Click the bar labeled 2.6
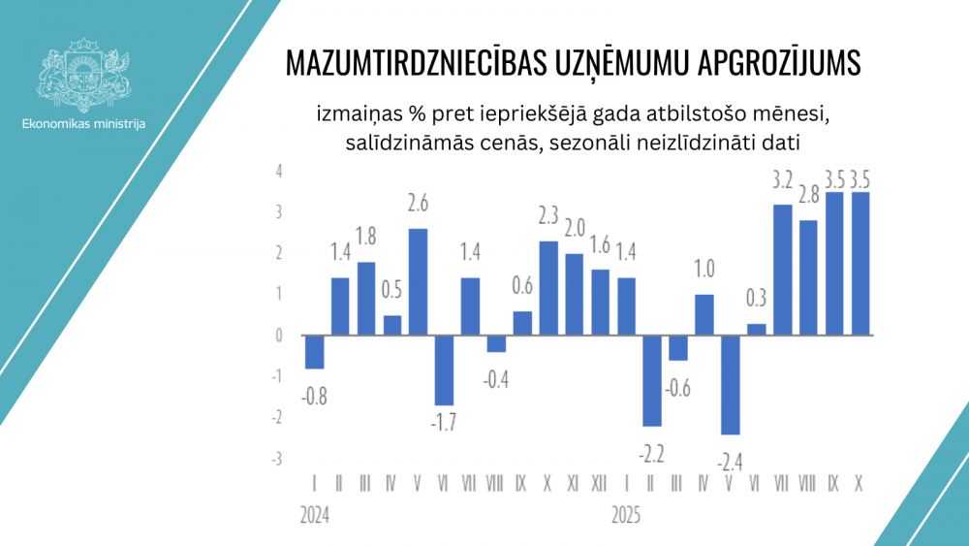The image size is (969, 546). pyautogui.click(x=418, y=281)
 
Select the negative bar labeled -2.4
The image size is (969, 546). pyautogui.click(x=731, y=384)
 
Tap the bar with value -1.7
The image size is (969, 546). pyautogui.click(x=444, y=369)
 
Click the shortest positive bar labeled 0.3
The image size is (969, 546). pyautogui.click(x=757, y=330)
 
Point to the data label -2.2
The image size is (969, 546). pyautogui.click(x=652, y=452)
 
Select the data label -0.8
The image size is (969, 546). pyautogui.click(x=313, y=395)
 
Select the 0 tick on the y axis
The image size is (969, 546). pyautogui.click(x=278, y=336)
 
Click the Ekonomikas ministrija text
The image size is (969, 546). pyautogui.click(x=83, y=123)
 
